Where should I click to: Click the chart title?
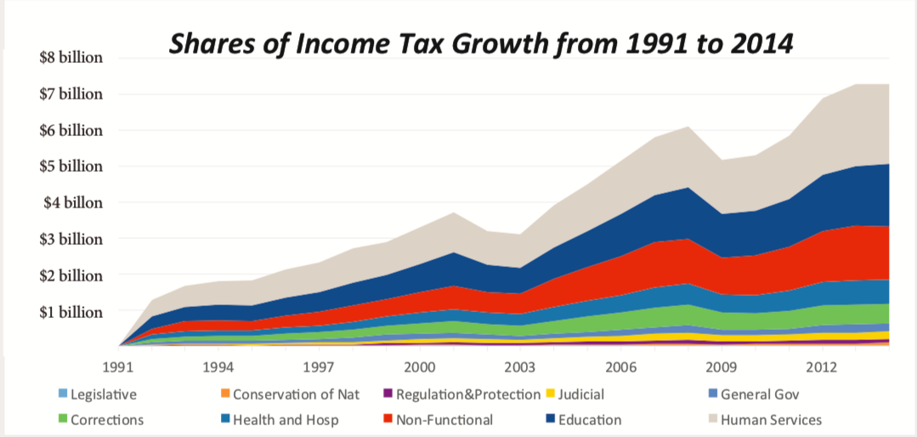(x=480, y=43)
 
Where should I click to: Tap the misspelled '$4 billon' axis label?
(x=74, y=203)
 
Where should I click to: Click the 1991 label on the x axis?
(x=120, y=367)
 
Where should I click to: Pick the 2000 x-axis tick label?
(x=420, y=367)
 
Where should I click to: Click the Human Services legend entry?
(x=765, y=420)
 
